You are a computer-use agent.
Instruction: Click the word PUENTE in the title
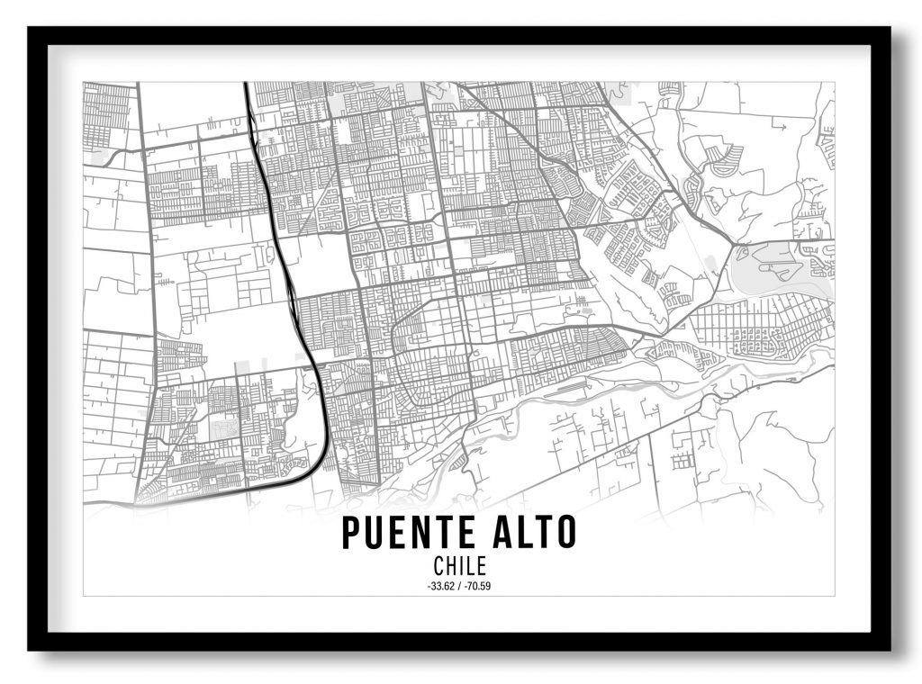tap(410, 533)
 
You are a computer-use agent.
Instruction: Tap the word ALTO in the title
tap(534, 533)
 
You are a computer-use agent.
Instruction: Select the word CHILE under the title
tap(459, 566)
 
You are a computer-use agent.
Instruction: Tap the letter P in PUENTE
tap(351, 533)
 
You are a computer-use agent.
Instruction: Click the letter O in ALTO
tap(565, 533)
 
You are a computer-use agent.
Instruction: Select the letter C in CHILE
tap(438, 566)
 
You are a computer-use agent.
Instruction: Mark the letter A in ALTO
tap(502, 533)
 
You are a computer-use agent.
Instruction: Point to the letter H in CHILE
tap(450, 566)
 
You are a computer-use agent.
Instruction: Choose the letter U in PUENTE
tap(375, 533)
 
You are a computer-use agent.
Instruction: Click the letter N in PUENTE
tap(421, 533)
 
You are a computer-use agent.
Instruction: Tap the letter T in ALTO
tap(543, 533)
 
